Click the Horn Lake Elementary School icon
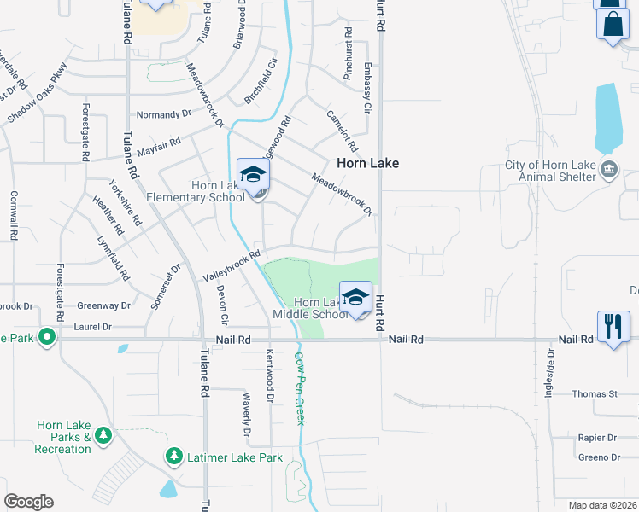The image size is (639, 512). click(252, 175)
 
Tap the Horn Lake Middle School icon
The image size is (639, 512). click(355, 297)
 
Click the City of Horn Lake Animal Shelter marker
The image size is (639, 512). click(609, 168)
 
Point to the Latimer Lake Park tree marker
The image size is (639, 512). click(174, 457)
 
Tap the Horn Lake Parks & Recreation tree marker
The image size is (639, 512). click(103, 437)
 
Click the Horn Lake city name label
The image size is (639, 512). click(367, 163)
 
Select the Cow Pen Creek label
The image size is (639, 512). click(300, 379)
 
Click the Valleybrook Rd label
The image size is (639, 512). click(231, 266)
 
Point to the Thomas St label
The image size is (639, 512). click(595, 393)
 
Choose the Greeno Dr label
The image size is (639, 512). click(598, 457)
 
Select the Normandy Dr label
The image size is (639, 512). click(164, 113)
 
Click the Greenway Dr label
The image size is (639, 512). click(103, 305)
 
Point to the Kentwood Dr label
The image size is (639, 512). click(269, 375)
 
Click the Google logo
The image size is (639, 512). click(28, 502)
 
